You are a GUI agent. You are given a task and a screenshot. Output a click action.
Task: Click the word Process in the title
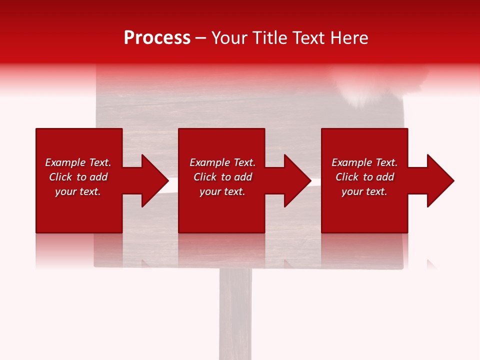click(x=157, y=38)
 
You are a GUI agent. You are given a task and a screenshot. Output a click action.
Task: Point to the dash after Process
click(x=200, y=38)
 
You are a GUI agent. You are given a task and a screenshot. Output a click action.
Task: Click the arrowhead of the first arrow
click(x=155, y=180)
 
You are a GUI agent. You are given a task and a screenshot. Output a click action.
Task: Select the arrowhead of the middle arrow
click(x=297, y=180)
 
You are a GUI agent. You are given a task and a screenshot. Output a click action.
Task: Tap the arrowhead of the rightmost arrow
click(x=440, y=180)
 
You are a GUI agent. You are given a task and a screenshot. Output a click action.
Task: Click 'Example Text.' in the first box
click(x=78, y=162)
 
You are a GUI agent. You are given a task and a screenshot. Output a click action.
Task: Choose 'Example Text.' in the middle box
click(x=222, y=162)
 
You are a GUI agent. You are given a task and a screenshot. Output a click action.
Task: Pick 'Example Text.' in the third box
click(x=364, y=162)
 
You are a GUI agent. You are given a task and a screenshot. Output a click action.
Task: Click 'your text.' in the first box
click(x=78, y=191)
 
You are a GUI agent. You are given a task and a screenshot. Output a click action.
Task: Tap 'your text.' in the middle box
click(x=222, y=191)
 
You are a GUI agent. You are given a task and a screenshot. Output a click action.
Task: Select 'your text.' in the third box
click(x=364, y=191)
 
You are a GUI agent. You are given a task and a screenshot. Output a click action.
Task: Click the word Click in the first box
click(x=60, y=177)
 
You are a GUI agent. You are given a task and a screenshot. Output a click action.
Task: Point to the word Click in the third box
click(x=347, y=177)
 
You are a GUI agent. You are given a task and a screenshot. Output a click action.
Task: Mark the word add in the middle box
click(x=243, y=177)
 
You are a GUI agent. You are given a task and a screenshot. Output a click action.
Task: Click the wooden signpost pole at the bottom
click(x=235, y=315)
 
